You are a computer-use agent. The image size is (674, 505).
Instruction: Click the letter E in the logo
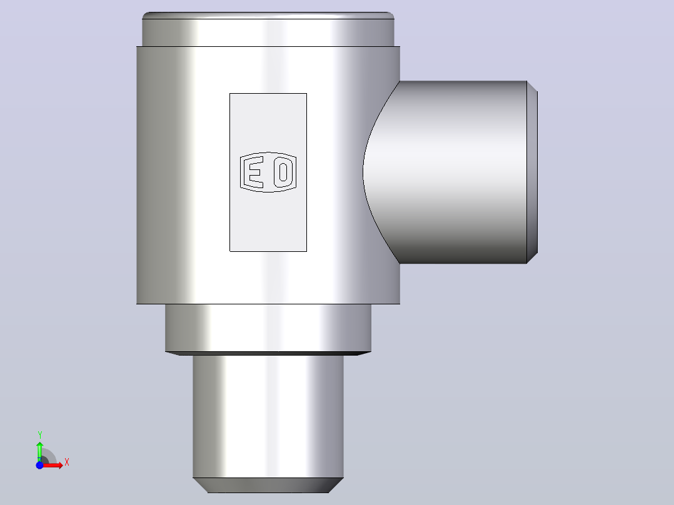click(x=253, y=172)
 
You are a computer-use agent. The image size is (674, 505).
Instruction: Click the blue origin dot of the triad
click(x=39, y=465)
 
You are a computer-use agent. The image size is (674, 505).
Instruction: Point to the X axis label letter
click(x=67, y=462)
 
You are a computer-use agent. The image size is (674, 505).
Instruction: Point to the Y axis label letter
click(x=40, y=434)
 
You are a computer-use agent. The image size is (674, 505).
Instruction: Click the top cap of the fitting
click(x=268, y=29)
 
